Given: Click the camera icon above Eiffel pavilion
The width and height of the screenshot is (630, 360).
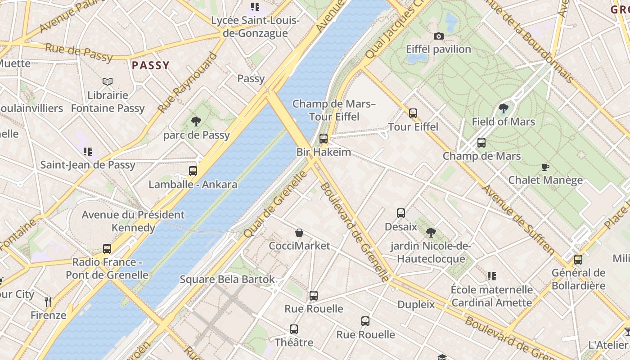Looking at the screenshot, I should click(x=438, y=36).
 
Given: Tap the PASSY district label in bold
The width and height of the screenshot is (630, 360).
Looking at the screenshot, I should click(x=151, y=66).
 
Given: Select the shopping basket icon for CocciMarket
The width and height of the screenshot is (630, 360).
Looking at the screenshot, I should click(x=299, y=233).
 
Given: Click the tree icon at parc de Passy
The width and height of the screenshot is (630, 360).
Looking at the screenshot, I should click(x=196, y=121).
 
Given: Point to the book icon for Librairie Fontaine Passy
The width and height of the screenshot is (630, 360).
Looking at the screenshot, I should click(x=107, y=81).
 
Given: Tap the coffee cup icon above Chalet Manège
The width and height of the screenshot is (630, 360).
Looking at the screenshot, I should click(x=545, y=167).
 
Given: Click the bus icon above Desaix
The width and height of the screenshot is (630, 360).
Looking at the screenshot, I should click(x=400, y=213).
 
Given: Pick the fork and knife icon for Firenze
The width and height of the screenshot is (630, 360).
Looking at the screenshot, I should click(x=49, y=301).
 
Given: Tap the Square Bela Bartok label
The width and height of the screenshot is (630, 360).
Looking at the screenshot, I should click(x=227, y=279).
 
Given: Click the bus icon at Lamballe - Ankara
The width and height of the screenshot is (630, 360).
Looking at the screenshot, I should click(x=193, y=171).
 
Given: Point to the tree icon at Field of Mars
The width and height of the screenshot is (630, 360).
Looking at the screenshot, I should click(x=503, y=108).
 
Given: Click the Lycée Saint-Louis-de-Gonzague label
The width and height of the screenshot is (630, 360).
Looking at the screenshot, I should click(x=256, y=27).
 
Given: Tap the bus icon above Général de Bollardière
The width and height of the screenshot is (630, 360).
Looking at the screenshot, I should click(x=578, y=260).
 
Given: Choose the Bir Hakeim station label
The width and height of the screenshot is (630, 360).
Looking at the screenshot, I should click(x=324, y=152).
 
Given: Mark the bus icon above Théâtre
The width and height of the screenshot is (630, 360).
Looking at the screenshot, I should click(x=294, y=329).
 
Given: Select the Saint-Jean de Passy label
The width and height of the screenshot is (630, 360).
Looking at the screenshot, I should click(x=88, y=165).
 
